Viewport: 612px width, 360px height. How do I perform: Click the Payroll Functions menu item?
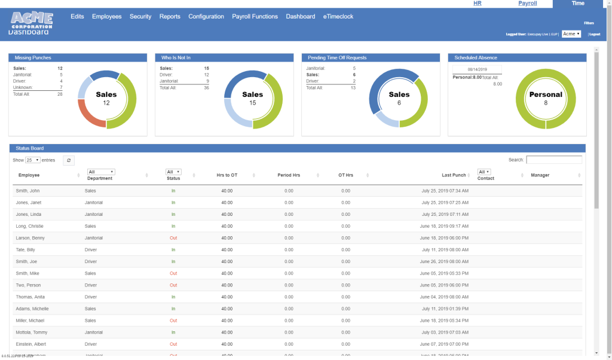255,17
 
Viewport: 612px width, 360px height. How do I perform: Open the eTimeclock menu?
338,17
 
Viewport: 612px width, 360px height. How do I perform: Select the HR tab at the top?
477,4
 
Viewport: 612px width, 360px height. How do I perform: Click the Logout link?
595,34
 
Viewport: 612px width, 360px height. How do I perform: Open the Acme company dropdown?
571,34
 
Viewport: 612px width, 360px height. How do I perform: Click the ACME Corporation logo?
31,20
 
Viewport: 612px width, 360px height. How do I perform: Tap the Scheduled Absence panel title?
476,58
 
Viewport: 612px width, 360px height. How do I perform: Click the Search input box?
554,160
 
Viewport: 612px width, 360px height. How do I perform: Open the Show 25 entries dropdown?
33,160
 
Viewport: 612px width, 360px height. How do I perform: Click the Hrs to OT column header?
227,175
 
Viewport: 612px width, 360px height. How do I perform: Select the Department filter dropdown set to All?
101,172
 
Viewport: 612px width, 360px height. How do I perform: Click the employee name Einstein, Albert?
30,344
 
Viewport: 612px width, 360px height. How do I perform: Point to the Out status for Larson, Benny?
173,238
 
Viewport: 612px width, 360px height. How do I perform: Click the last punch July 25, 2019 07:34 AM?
445,191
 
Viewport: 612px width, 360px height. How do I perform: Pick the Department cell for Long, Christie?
90,226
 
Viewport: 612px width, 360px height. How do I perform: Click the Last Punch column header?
454,175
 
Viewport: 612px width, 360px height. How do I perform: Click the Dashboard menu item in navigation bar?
300,17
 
